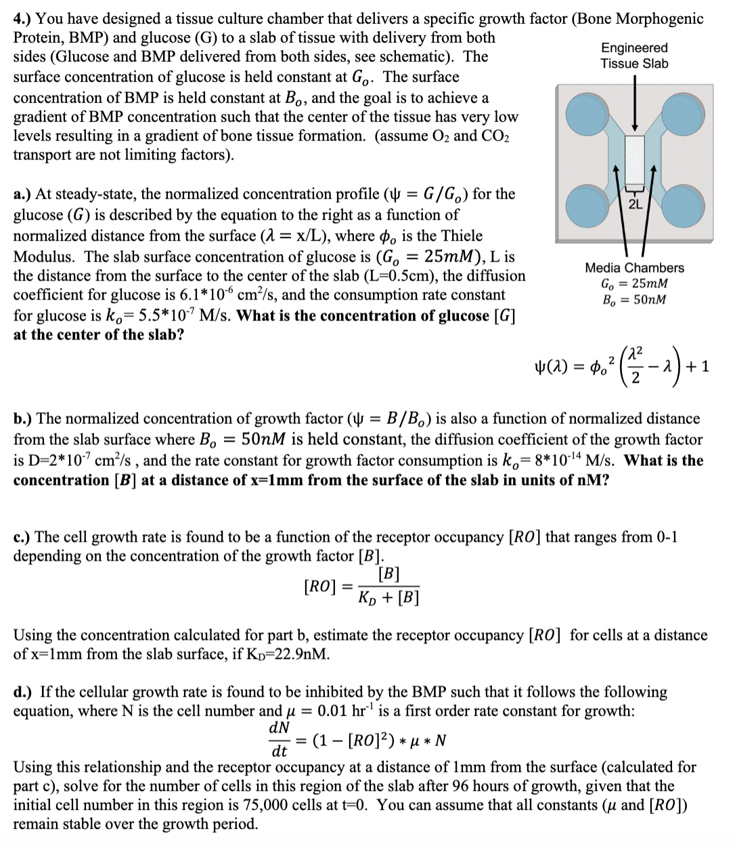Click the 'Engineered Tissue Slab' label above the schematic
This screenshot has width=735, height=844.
[634, 55]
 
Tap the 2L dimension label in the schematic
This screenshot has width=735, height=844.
[634, 204]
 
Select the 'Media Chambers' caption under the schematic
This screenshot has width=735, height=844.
[634, 268]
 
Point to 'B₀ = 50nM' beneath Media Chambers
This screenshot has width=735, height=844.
[634, 299]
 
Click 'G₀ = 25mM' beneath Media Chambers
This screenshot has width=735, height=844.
[634, 284]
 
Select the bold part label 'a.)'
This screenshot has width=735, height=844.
[24, 195]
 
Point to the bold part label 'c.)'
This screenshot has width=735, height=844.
[24, 538]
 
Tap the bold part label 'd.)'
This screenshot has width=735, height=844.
[25, 693]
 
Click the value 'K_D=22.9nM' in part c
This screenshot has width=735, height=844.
[291, 655]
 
